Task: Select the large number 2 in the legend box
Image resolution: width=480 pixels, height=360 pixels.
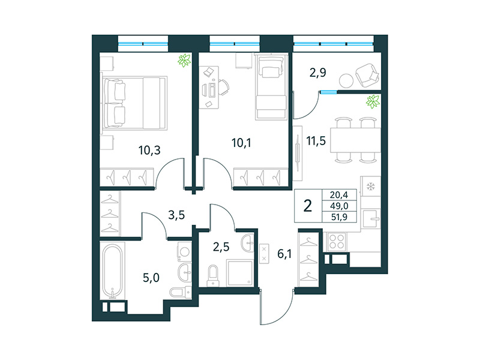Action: click(x=308, y=206)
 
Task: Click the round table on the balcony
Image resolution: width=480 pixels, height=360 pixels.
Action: click(x=345, y=80)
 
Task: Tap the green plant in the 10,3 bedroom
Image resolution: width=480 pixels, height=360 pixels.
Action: click(x=184, y=60)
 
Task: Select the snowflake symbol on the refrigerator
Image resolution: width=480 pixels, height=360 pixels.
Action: click(x=370, y=186)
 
